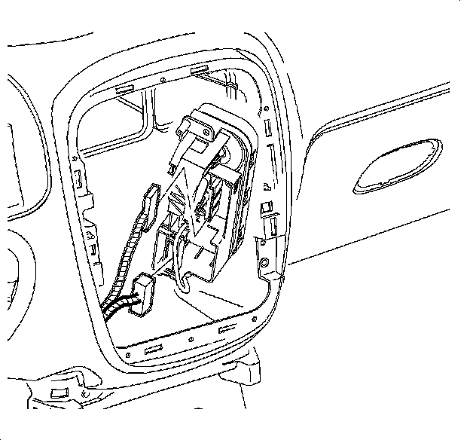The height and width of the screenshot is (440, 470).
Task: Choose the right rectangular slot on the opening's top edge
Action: pyautogui.click(x=200, y=71)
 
